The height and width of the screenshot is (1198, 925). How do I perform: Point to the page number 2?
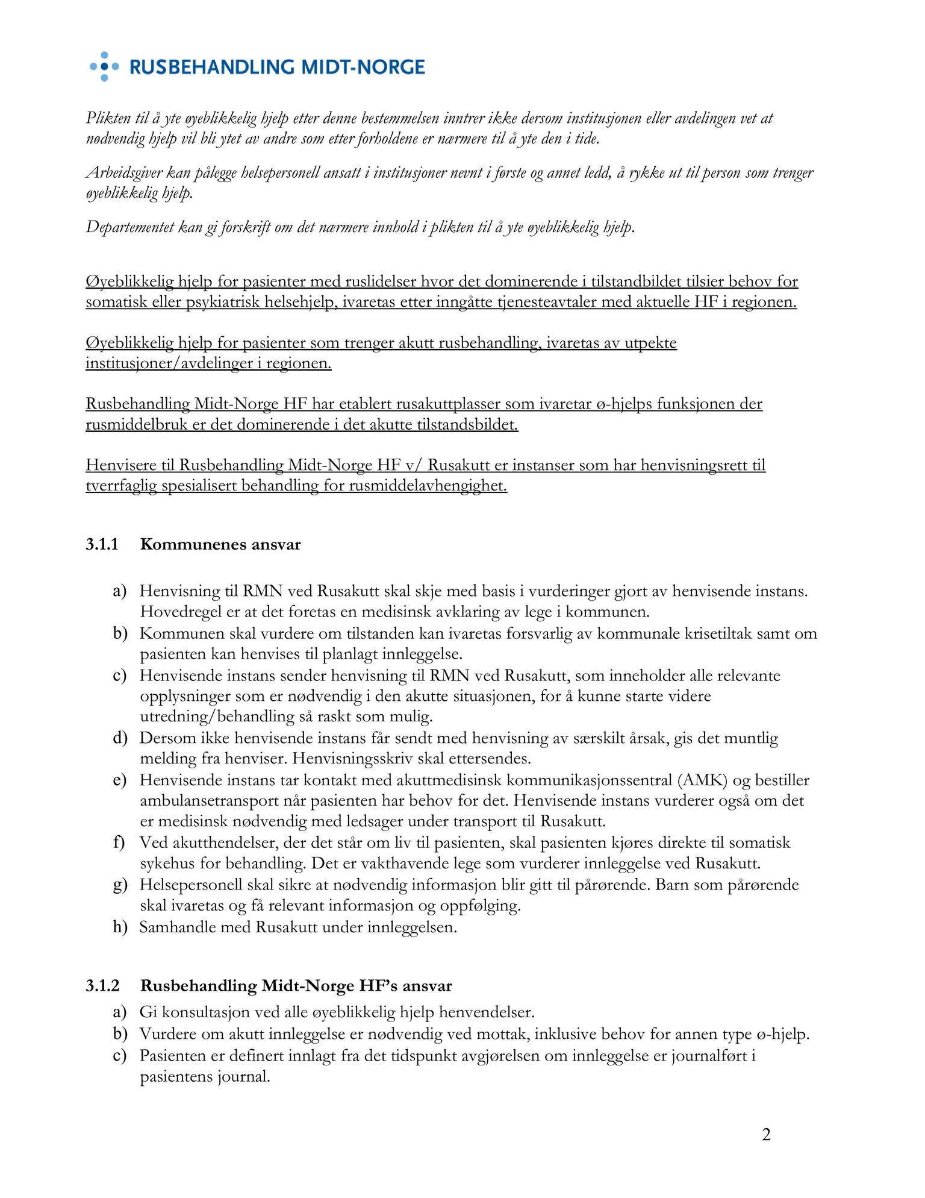coord(766,1135)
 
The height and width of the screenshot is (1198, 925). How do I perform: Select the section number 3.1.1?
coord(102,544)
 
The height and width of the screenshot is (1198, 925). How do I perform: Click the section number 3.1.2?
coord(102,986)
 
